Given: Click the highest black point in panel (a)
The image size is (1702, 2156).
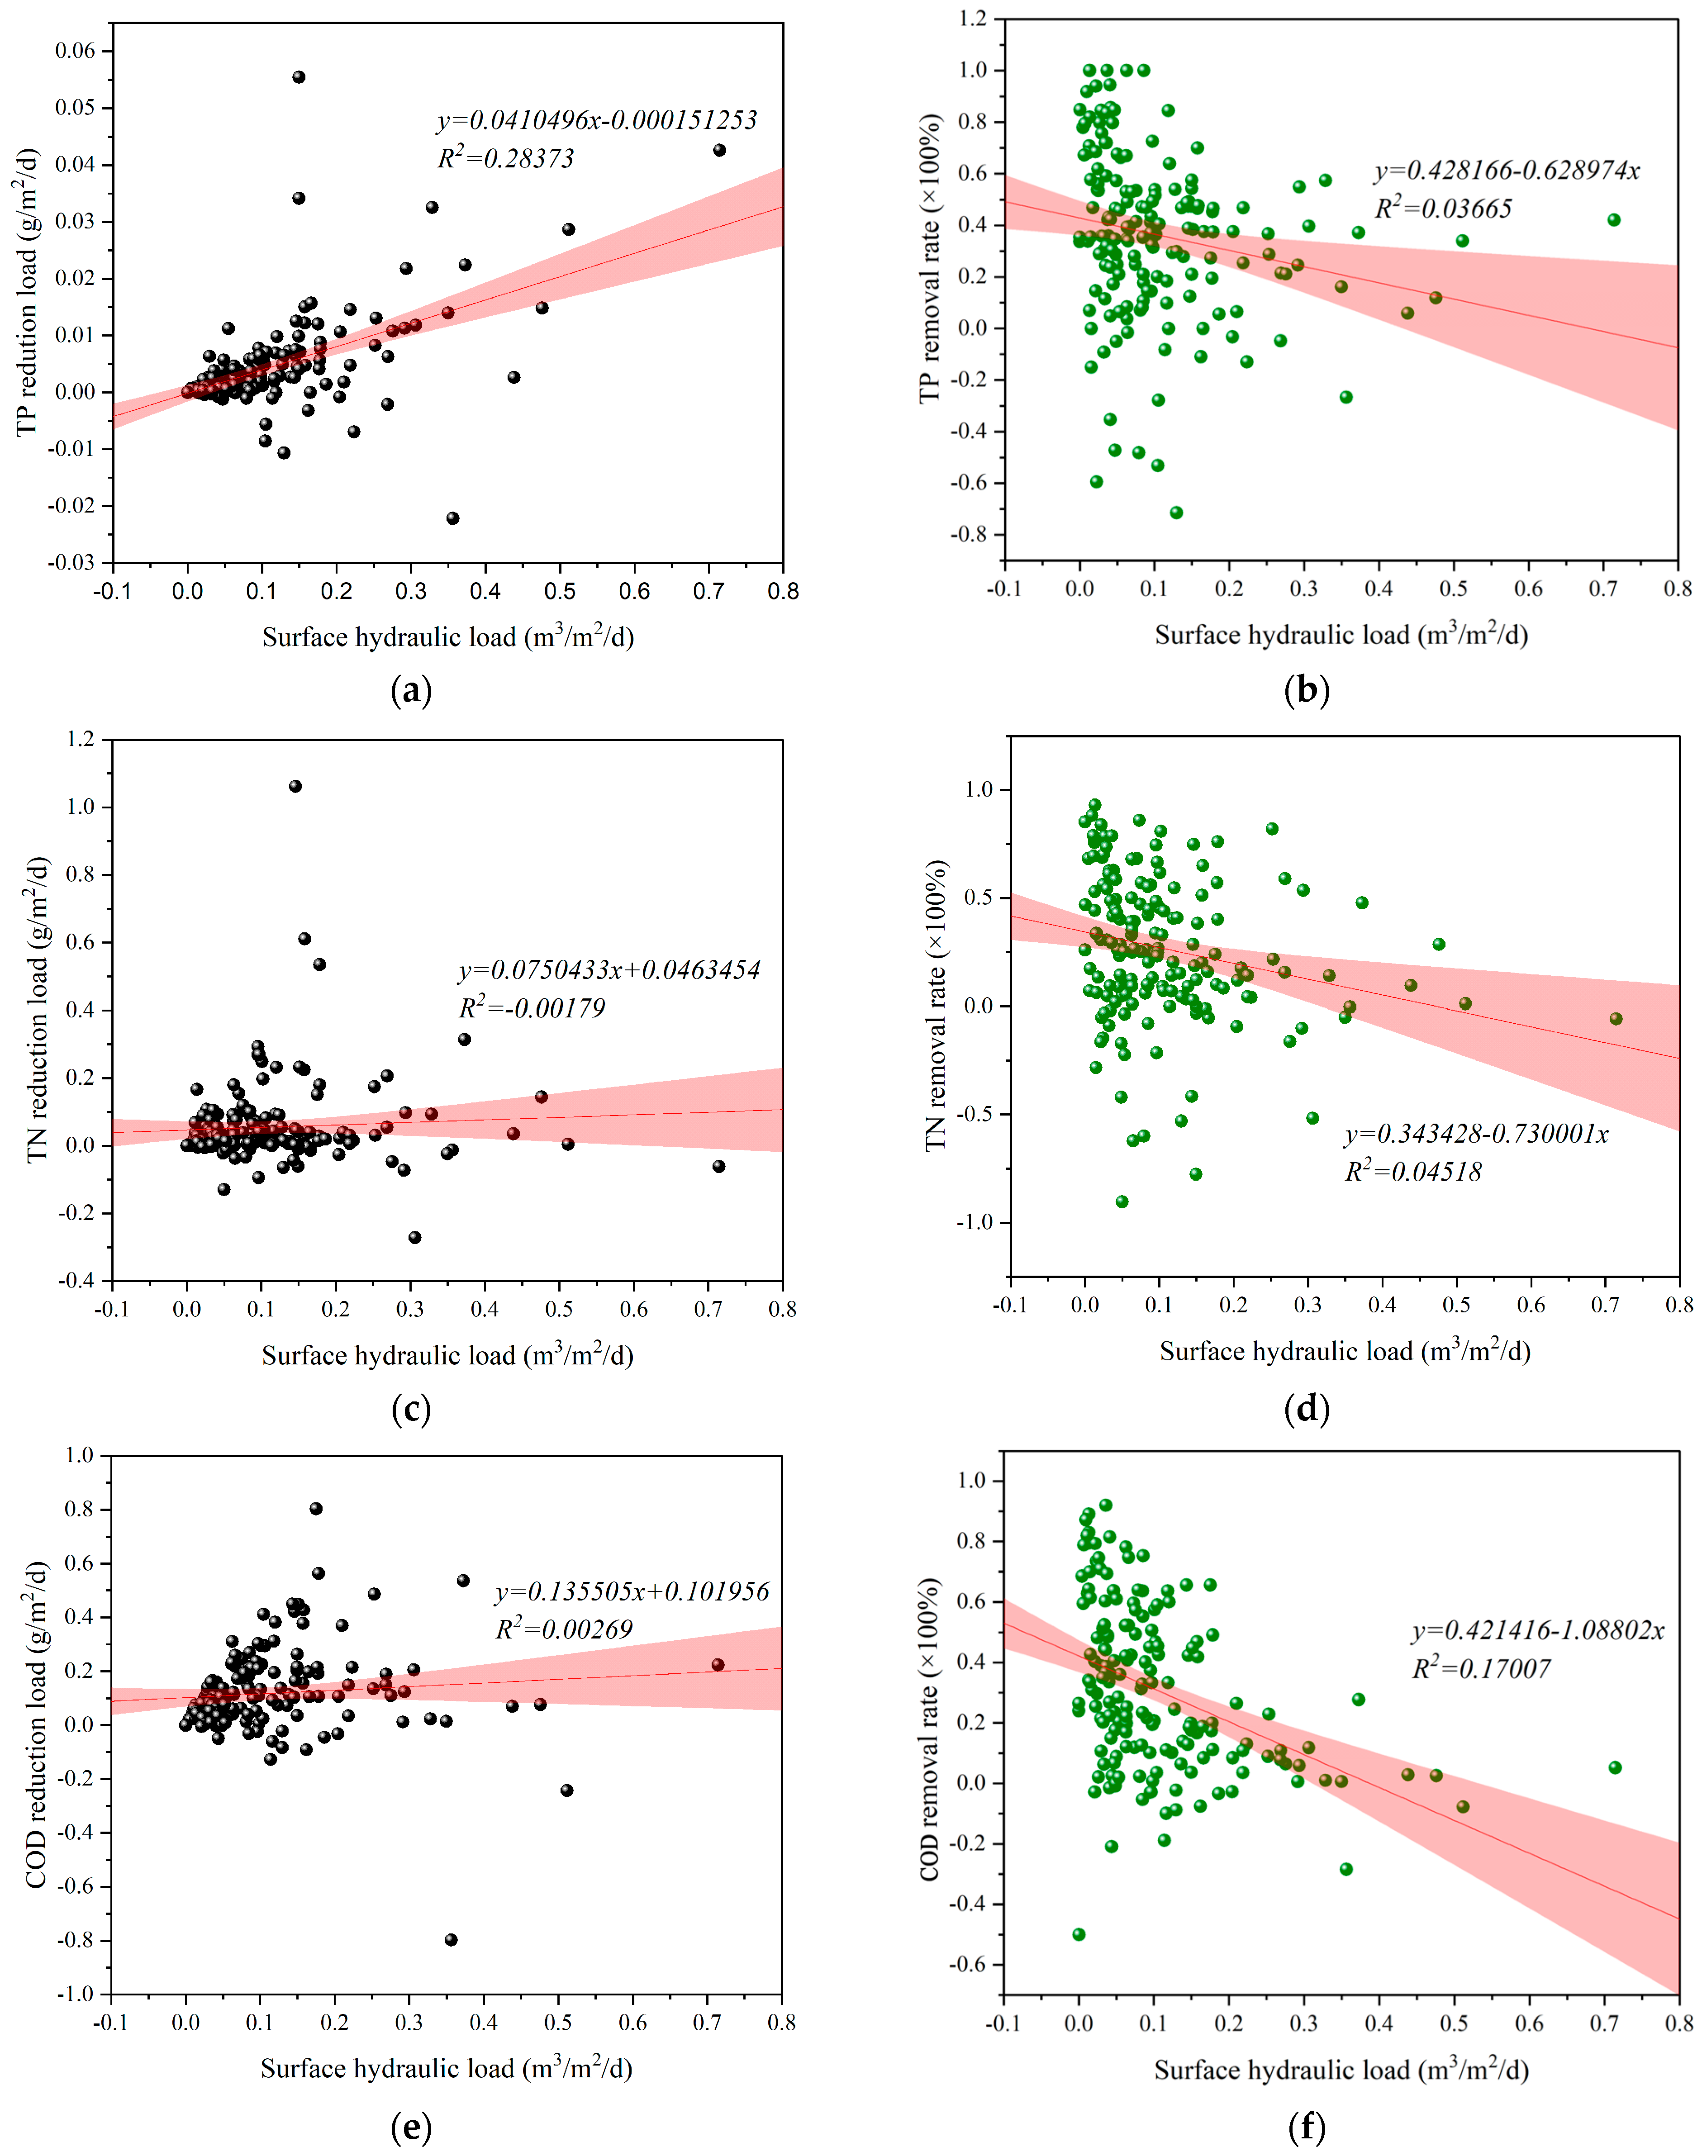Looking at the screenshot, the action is (299, 77).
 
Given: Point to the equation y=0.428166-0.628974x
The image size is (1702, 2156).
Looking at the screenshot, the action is (1507, 171).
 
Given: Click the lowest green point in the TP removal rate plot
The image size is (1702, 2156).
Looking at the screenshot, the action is (1176, 512).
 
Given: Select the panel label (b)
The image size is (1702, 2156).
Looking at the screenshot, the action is (1307, 689).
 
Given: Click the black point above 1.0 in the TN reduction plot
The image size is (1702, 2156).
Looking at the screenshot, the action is (295, 786).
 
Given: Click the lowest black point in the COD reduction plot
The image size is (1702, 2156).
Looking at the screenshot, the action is (451, 1939).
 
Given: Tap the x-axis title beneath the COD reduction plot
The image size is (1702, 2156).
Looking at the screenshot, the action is (447, 2068).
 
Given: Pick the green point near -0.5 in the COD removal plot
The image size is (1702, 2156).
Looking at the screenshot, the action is (1078, 1934).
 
